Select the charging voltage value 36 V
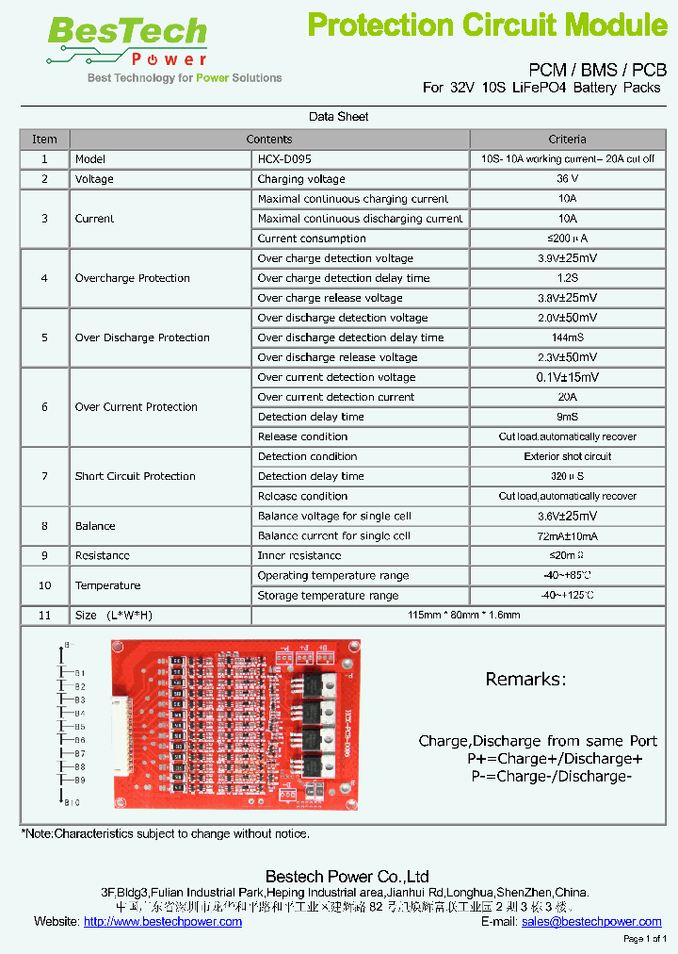(567, 179)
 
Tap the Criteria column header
(567, 140)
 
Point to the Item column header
(44, 140)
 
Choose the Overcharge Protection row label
(132, 278)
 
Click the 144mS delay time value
(567, 337)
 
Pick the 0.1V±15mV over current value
(567, 377)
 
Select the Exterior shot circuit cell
(567, 456)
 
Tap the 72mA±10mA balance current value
(567, 535)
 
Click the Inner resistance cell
(299, 556)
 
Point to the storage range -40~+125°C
(567, 596)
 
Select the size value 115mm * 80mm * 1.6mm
(463, 615)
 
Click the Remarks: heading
(525, 680)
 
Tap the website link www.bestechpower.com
(162, 922)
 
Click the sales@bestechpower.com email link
(591, 922)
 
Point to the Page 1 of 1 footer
(645, 939)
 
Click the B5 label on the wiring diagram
(79, 727)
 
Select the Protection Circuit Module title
(487, 25)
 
